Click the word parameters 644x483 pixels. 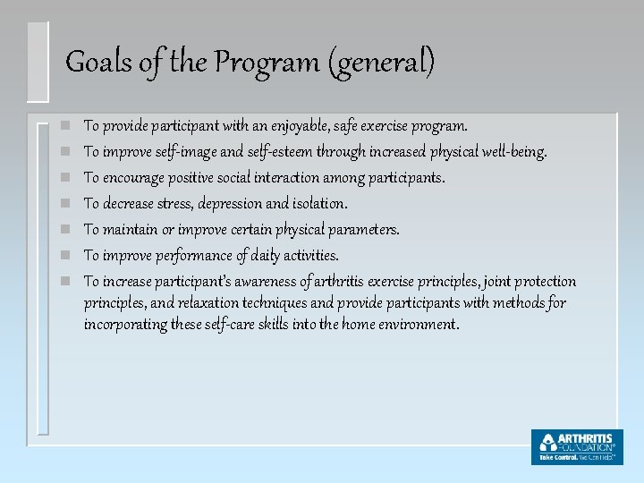(x=364, y=230)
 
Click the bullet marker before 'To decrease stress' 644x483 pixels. (x=55, y=205)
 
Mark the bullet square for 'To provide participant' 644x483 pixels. (x=55, y=127)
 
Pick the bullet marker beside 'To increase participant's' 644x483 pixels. (x=55, y=283)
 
